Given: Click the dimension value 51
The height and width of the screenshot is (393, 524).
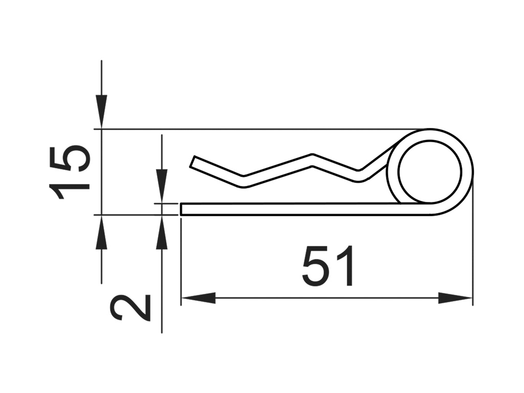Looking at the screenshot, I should click(x=328, y=266).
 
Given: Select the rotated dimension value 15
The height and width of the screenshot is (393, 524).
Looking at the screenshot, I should click(x=70, y=172).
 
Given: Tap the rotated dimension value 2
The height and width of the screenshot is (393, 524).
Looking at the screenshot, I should click(x=130, y=308).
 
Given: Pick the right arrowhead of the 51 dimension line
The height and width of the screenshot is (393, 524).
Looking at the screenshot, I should click(x=455, y=298).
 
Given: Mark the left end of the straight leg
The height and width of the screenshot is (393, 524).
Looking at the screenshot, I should click(x=182, y=209).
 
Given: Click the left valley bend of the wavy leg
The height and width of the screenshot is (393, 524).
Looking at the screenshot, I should click(x=243, y=181).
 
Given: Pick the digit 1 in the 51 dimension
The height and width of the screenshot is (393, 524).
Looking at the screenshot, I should click(x=345, y=266).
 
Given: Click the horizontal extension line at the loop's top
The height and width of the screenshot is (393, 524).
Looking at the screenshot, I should click(x=256, y=129).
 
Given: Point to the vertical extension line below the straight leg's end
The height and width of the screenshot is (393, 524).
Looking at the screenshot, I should click(x=181, y=256).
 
